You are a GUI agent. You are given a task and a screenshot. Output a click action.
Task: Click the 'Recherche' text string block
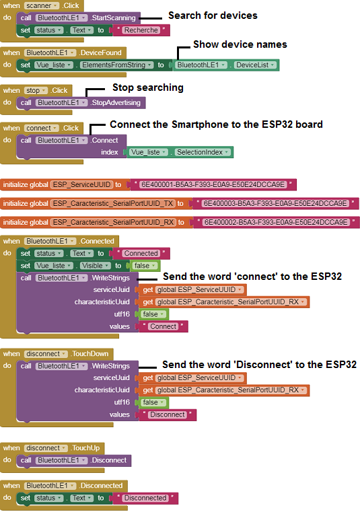(x=140, y=30)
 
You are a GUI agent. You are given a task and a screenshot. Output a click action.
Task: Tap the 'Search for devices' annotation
(x=213, y=15)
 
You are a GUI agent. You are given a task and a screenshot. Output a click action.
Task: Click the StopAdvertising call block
(x=81, y=103)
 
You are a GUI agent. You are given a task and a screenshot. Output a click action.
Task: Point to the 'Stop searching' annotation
(x=147, y=87)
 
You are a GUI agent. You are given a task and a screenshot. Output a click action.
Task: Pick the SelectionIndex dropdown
(x=203, y=152)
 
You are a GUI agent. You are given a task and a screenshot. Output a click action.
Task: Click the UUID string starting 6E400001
(x=213, y=185)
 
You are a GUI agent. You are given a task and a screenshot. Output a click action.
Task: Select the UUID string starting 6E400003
(x=275, y=203)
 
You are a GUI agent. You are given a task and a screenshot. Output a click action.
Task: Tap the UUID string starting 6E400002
(x=276, y=223)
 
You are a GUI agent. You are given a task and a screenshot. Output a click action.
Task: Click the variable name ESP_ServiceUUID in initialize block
(x=81, y=185)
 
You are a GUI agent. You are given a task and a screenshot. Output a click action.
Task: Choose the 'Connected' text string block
(x=140, y=254)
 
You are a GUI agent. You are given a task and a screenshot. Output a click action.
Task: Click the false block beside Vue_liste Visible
(x=145, y=266)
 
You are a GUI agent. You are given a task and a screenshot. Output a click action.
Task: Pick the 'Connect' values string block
(x=163, y=326)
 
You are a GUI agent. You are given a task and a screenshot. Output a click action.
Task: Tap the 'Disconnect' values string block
(x=168, y=414)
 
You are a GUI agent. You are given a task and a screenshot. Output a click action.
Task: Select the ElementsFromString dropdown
(x=117, y=65)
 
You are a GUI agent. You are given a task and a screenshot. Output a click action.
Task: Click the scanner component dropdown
(x=42, y=5)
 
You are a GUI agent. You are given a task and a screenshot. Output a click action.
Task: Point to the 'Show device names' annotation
(x=240, y=44)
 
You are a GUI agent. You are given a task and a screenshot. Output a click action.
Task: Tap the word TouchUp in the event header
(x=86, y=448)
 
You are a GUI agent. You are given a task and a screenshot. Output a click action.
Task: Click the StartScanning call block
(x=79, y=18)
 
